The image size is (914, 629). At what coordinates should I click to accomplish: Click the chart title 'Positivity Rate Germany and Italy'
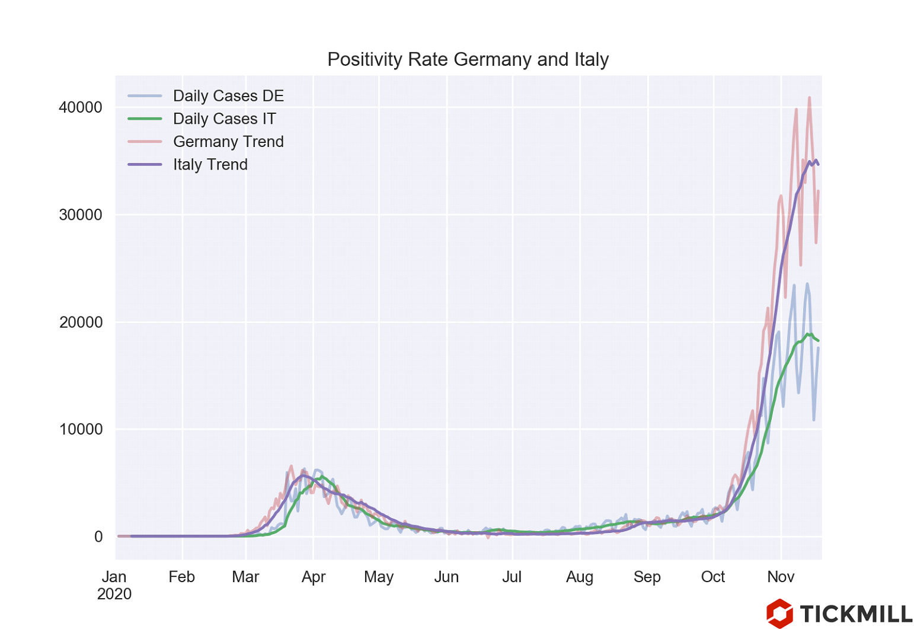tap(468, 59)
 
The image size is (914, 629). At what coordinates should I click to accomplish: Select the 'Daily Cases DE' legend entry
tap(228, 96)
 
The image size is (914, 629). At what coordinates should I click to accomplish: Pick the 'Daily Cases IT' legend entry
tap(224, 119)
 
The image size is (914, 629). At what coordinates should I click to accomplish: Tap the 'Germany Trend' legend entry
tap(228, 142)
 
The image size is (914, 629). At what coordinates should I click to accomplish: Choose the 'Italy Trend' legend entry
tap(210, 165)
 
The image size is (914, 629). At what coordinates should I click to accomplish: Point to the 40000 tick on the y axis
tap(81, 108)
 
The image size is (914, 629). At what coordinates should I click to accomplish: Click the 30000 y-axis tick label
tap(81, 215)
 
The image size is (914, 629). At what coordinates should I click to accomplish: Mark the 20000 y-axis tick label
tap(81, 323)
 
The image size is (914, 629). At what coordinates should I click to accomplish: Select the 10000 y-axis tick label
tap(81, 429)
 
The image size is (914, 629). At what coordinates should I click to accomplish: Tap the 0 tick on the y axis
tap(98, 537)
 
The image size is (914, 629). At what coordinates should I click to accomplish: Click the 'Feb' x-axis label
tap(181, 577)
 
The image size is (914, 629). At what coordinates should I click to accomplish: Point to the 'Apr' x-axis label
tap(314, 577)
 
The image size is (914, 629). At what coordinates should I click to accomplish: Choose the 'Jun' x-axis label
tap(446, 577)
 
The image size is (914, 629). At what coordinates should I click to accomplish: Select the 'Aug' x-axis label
tap(580, 577)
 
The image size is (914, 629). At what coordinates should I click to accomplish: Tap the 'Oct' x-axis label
tap(713, 577)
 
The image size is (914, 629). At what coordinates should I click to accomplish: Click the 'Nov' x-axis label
tap(781, 577)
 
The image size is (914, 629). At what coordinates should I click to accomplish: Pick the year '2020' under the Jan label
tap(114, 594)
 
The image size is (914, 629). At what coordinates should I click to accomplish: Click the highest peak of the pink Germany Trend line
tap(809, 98)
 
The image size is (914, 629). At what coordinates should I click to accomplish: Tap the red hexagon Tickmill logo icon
tap(779, 613)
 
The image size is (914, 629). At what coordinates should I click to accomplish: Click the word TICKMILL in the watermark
tap(856, 614)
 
